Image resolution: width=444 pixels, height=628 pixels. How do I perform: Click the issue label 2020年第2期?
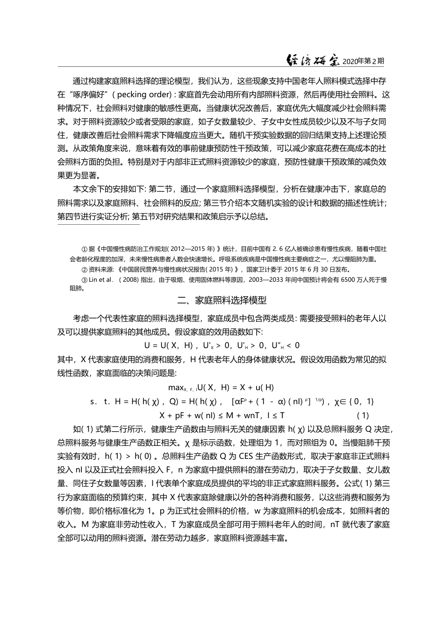(363, 61)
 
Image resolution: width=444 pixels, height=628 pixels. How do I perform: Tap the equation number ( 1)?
(363, 415)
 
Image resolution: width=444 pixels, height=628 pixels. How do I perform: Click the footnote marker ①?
(85, 249)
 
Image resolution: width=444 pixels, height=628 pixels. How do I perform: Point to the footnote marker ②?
(85, 270)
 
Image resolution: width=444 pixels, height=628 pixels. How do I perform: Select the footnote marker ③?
(85, 280)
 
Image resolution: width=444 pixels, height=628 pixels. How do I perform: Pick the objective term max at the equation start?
(176, 387)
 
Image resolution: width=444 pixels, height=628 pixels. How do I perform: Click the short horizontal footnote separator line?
(99, 224)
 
